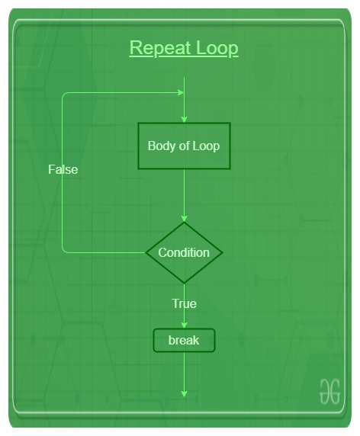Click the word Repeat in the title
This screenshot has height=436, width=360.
(160, 49)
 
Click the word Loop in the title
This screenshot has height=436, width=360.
(217, 49)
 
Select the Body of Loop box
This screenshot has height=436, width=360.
(184, 146)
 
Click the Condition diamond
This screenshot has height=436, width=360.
(184, 252)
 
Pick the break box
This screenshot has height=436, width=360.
(184, 341)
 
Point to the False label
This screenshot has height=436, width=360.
(63, 169)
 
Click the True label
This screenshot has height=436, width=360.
(184, 303)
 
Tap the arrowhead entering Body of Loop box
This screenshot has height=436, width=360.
(184, 120)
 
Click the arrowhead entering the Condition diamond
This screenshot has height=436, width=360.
(184, 219)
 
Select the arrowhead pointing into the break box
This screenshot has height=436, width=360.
(184, 325)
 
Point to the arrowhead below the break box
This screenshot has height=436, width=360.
(184, 394)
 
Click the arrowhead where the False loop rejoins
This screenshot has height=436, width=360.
(181, 92)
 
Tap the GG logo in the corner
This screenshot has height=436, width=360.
(329, 391)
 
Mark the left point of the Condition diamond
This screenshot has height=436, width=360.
(146, 252)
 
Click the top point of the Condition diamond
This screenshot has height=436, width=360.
(184, 223)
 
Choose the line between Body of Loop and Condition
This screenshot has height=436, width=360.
(184, 195)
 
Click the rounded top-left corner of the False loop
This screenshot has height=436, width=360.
(64, 95)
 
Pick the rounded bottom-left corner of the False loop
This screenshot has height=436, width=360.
(64, 251)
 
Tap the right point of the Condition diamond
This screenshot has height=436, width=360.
(223, 252)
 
